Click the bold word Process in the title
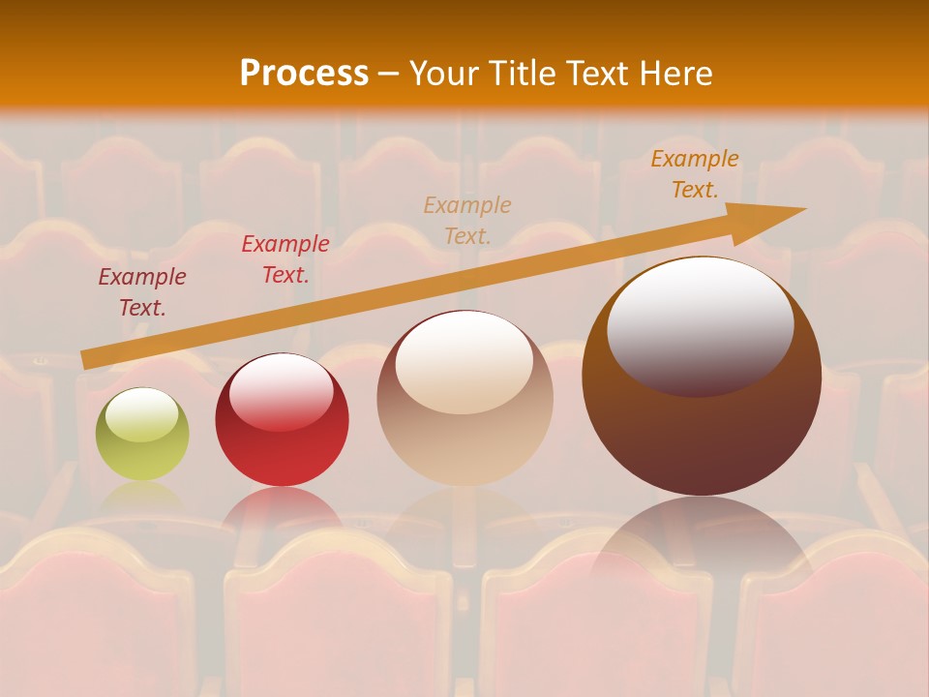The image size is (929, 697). coord(304,74)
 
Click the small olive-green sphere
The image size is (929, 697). coord(142,435)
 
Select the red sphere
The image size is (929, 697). coord(282,420)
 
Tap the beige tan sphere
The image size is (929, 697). coord(464,398)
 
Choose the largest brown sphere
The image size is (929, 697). coord(702,377)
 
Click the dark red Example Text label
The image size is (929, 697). coord(142,292)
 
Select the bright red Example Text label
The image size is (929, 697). coord(285,259)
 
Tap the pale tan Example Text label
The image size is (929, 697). coord(467,220)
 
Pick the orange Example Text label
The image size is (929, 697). coord(694,174)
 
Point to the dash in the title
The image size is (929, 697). coord(388,74)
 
